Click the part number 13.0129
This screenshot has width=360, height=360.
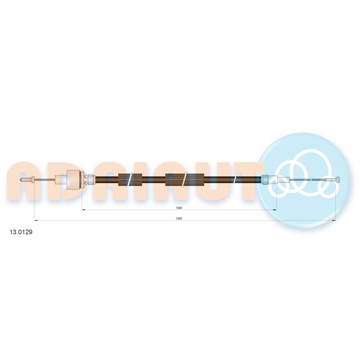point(21,232)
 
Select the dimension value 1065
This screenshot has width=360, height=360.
point(179,208)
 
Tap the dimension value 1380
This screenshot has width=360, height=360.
point(179,219)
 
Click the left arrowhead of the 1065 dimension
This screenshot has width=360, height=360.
point(84,210)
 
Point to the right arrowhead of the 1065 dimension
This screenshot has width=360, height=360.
point(274,210)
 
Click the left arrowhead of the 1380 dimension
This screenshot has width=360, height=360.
point(36,220)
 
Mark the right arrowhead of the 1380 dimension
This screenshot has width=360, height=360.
point(334,220)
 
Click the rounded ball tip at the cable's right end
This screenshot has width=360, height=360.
point(338,180)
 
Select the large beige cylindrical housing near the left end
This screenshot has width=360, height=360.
point(73,180)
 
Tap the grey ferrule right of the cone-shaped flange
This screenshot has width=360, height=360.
point(91,180)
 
